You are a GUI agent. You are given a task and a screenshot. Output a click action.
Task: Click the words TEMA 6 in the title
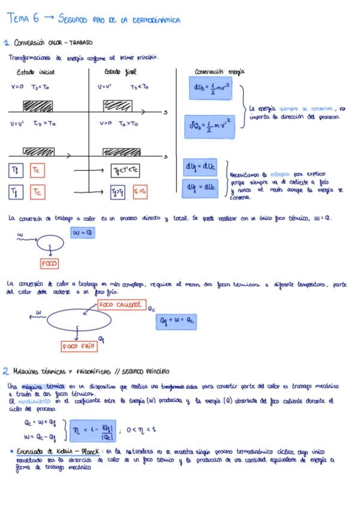(23, 19)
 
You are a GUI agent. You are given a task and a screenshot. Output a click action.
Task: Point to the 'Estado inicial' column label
(35, 72)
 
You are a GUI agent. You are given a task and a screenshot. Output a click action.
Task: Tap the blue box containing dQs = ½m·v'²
(209, 125)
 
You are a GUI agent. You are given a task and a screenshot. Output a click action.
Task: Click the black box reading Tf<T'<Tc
(126, 171)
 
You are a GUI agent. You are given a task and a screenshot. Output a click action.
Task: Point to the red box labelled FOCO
(50, 264)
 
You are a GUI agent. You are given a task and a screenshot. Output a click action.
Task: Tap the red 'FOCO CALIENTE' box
(122, 305)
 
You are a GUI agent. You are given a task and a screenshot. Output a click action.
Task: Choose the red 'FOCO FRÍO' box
(79, 346)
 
